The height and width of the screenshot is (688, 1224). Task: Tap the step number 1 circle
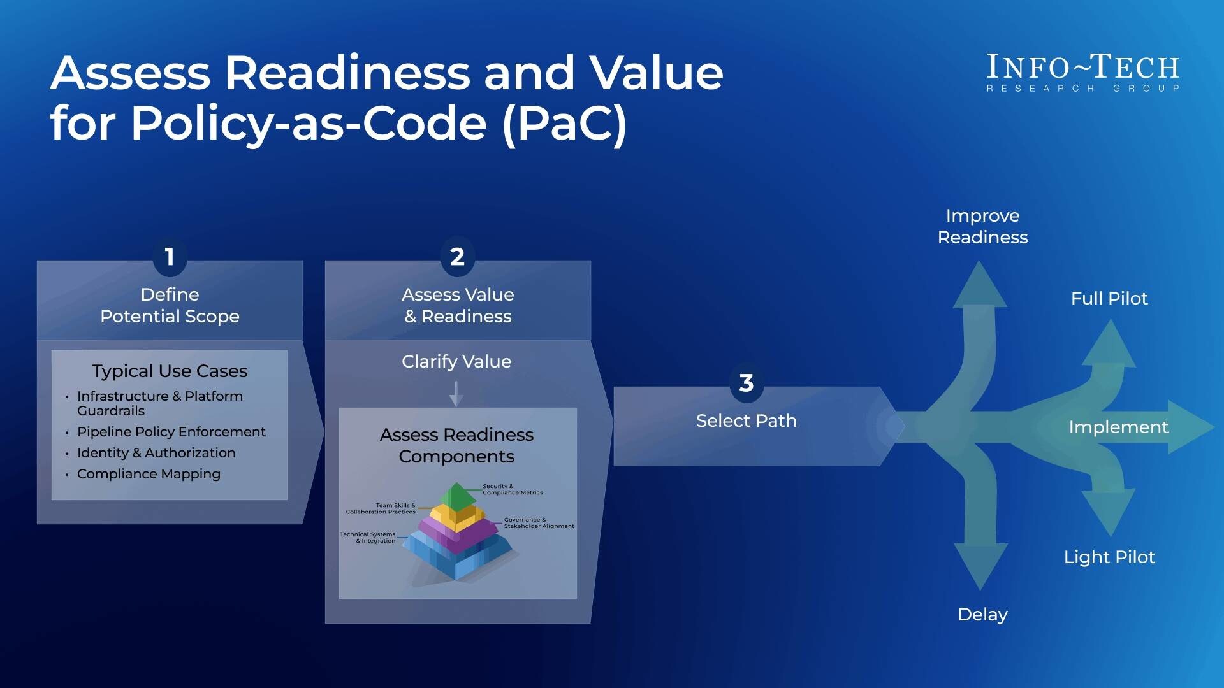(170, 257)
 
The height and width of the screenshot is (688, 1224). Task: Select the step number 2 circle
(457, 257)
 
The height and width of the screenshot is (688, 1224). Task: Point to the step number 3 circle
(746, 383)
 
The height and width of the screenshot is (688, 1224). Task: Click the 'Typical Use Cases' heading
(170, 371)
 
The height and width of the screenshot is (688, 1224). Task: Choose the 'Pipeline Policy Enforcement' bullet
(171, 432)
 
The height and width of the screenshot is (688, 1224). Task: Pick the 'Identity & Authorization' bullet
(156, 453)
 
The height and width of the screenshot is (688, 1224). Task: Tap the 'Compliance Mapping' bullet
(149, 474)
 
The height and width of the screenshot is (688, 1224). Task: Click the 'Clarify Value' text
(456, 362)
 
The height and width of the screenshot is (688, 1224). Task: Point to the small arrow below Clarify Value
(456, 394)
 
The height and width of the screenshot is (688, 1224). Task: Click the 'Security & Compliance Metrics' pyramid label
(513, 489)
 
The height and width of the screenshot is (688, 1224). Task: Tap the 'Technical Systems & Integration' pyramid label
(368, 538)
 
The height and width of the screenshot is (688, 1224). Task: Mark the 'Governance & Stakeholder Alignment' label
(539, 523)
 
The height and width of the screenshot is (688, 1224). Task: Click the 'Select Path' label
(746, 421)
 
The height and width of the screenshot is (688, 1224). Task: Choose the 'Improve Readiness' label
(982, 226)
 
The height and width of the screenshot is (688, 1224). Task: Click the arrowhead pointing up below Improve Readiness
(979, 287)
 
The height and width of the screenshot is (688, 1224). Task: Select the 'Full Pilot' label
(1109, 298)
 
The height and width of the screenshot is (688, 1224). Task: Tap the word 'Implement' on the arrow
(1118, 427)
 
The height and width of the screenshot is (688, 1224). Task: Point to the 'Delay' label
(982, 614)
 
